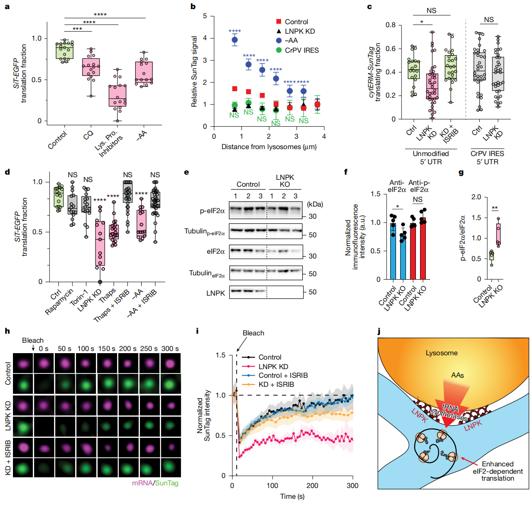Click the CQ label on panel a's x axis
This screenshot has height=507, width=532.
(88, 135)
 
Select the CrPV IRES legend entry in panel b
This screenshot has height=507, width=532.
(301, 50)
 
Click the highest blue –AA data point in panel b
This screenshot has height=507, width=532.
(235, 40)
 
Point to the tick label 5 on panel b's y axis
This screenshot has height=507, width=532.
(205, 16)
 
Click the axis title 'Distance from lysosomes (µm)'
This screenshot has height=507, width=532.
(269, 147)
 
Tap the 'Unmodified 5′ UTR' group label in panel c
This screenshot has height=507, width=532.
(431, 157)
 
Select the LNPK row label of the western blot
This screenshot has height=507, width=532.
(215, 293)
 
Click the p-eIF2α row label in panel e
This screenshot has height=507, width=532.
(212, 211)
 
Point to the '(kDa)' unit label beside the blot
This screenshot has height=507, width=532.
(315, 204)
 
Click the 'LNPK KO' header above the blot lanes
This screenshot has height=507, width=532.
(285, 181)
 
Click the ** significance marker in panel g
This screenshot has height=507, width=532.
(495, 208)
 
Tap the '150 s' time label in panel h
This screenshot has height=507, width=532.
(107, 348)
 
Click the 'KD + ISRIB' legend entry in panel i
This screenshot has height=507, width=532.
(276, 384)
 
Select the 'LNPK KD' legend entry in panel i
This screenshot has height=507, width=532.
(273, 367)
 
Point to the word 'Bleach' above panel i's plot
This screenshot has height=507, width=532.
(253, 333)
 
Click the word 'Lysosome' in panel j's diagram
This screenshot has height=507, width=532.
(441, 353)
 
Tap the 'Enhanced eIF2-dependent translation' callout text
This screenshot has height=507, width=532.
(497, 471)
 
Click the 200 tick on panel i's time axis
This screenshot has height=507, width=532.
(312, 485)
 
